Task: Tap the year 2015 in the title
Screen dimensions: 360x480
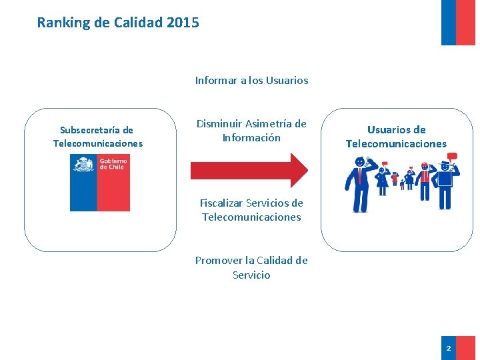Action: pos(183,23)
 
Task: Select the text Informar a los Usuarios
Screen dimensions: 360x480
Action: pos(251,81)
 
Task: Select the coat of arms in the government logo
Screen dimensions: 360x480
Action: pos(83,164)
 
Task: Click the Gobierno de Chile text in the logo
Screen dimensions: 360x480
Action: pos(113,164)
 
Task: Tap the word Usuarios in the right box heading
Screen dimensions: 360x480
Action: pos(387,129)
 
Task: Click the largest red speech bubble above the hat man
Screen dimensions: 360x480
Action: pos(453,157)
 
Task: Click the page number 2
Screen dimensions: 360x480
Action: pos(448,349)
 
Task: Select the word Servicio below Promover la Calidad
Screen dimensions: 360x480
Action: pos(251,275)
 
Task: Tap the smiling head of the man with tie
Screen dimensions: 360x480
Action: pos(360,161)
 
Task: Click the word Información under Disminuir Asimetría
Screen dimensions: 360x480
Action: pos(251,138)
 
